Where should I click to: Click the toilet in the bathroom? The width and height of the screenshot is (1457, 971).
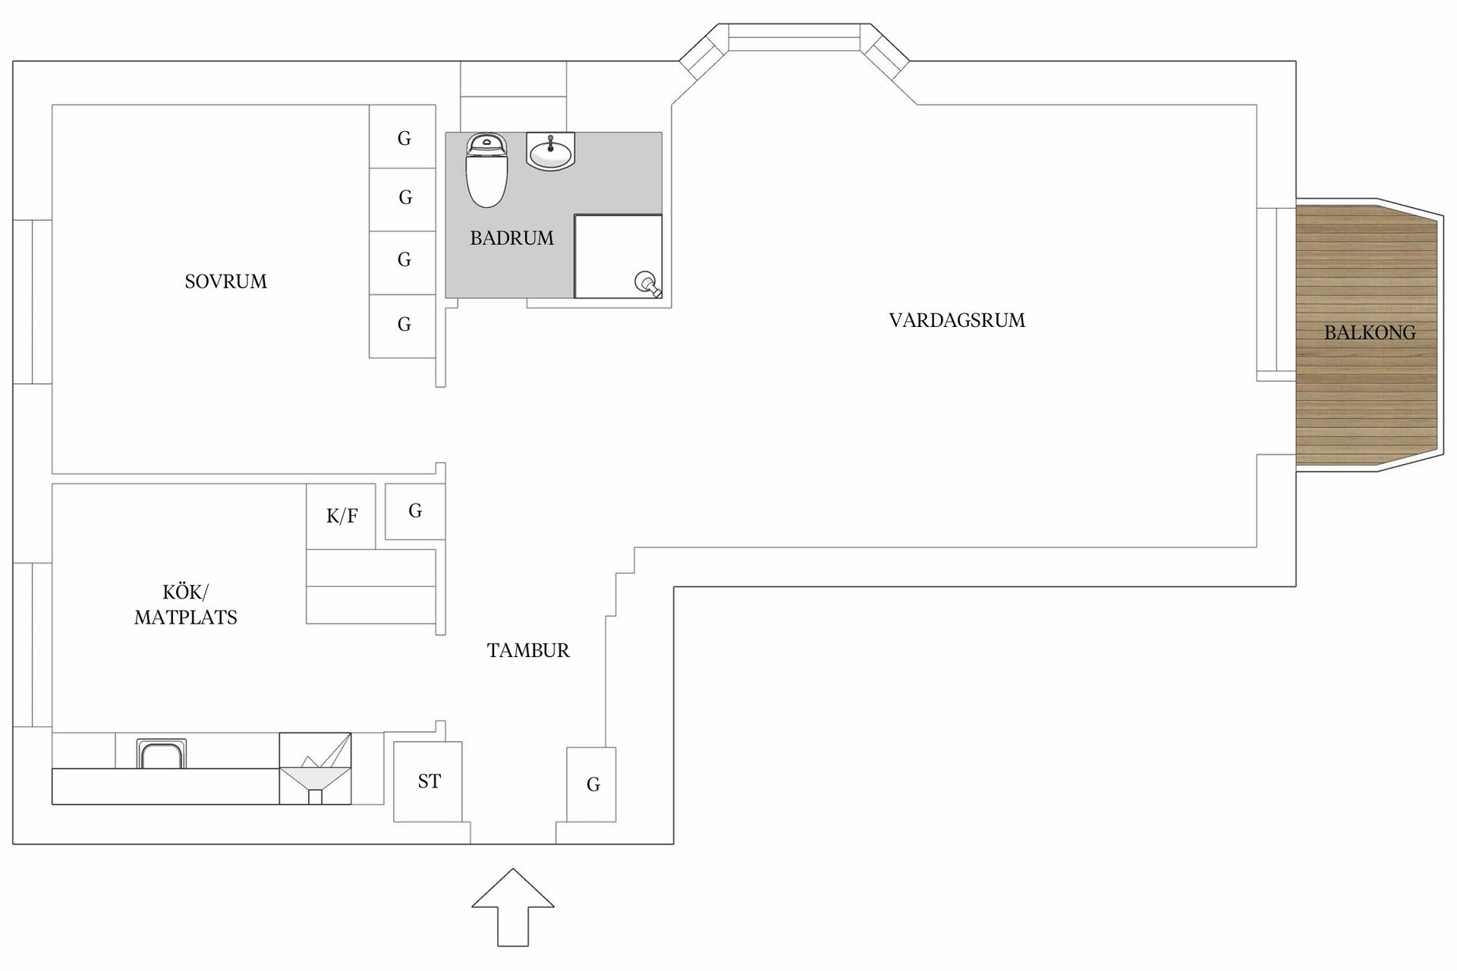tap(486, 171)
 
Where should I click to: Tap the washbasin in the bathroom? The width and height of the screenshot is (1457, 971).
tap(550, 152)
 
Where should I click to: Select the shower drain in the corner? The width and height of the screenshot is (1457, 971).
tap(646, 283)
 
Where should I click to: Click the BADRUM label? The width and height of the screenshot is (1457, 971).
tap(511, 238)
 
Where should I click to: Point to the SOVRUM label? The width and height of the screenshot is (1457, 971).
tap(225, 281)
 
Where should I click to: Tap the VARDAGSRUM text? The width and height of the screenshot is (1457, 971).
tap(956, 320)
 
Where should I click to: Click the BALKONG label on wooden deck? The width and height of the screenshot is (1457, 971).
tap(1369, 332)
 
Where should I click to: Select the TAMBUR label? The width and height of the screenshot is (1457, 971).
tap(528, 650)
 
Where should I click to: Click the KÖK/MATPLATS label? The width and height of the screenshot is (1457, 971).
tap(186, 605)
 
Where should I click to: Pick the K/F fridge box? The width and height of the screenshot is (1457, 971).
tap(341, 516)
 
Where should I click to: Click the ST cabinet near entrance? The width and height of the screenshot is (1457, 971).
tap(428, 781)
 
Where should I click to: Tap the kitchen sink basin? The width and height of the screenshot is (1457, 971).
tap(161, 755)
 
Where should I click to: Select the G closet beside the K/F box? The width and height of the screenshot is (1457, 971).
tap(415, 511)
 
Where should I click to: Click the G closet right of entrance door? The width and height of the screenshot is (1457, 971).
tap(592, 784)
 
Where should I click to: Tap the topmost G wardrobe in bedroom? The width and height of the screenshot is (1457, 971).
tap(403, 137)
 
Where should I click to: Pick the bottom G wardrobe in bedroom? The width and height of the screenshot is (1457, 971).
tap(403, 325)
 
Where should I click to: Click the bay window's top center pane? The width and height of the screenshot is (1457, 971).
tap(794, 37)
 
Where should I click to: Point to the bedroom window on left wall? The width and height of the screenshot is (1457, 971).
tap(33, 302)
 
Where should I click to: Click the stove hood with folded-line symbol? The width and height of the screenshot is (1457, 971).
tap(315, 767)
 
